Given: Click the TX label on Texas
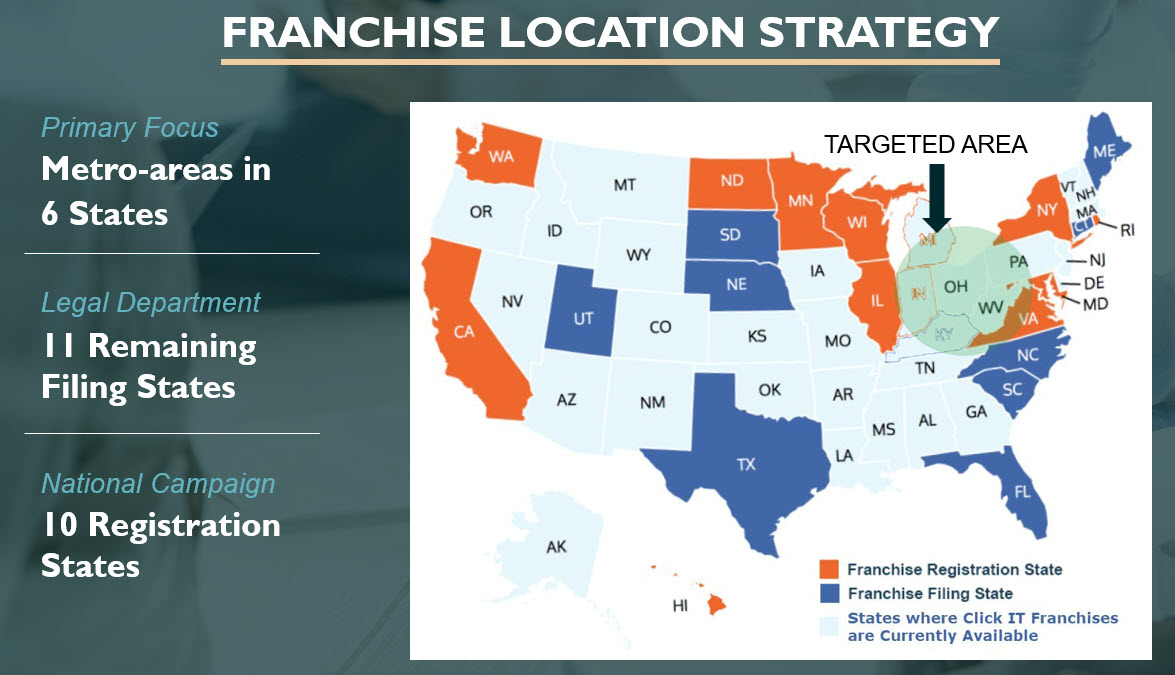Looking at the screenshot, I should click(746, 465).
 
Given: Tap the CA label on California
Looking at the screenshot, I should click(464, 332).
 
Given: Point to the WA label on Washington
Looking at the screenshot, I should click(501, 157).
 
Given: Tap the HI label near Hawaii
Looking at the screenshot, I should click(680, 605).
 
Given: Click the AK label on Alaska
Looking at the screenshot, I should click(556, 547).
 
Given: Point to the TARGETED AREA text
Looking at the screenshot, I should click(925, 144).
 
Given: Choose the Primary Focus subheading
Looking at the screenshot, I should click(130, 128).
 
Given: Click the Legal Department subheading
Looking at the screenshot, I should click(151, 302).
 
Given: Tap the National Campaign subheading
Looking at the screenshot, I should click(158, 484).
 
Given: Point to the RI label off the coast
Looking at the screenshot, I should click(1127, 230).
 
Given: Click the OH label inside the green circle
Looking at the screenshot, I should click(956, 286).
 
